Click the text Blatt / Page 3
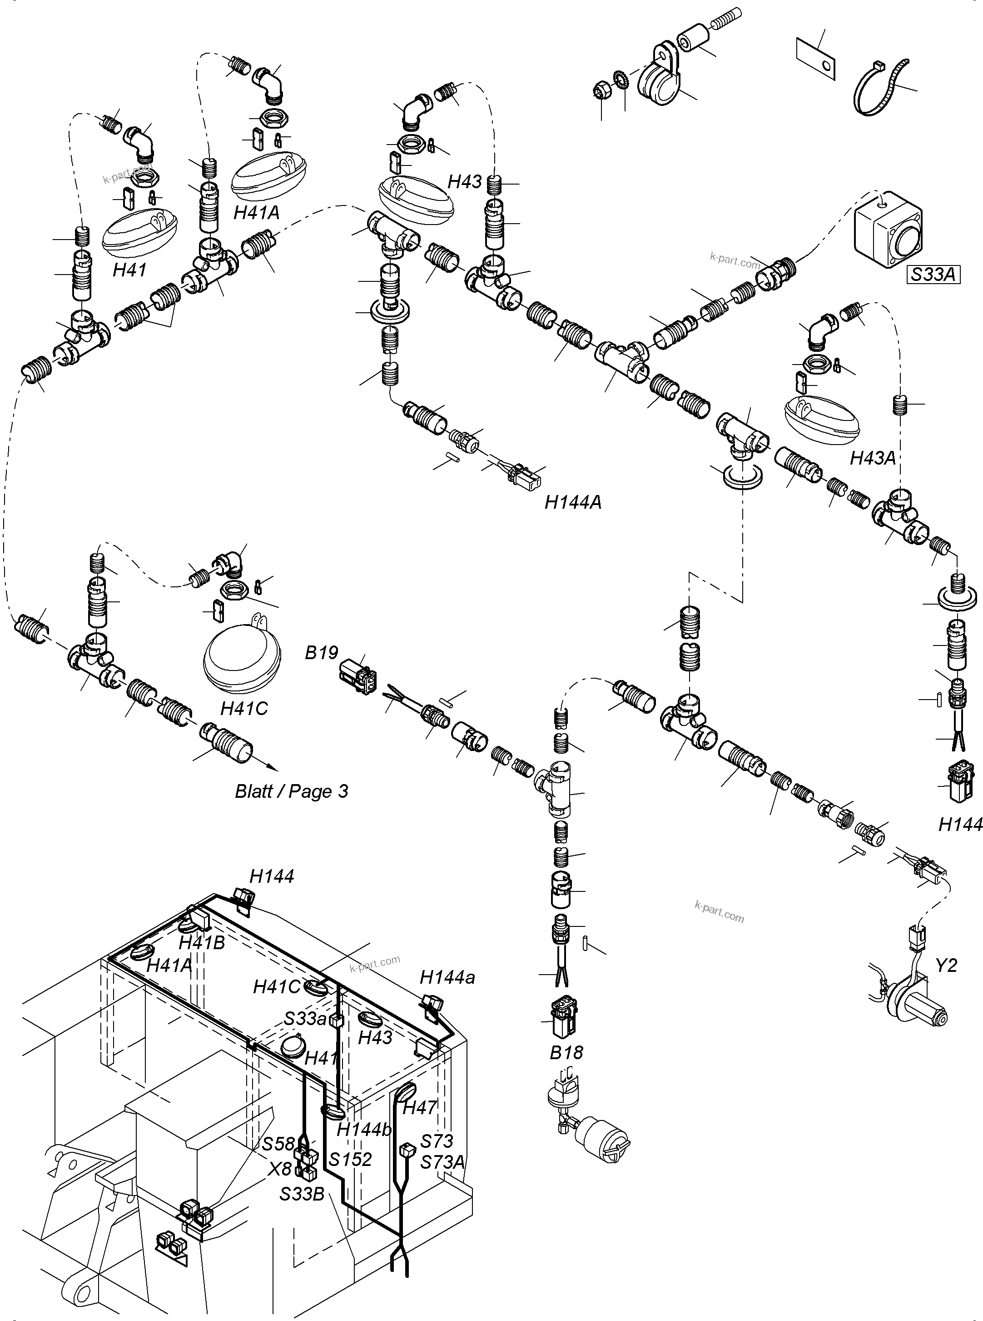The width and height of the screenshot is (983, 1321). click(291, 791)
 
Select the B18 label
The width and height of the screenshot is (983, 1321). click(566, 1052)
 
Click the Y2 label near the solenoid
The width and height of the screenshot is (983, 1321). click(946, 965)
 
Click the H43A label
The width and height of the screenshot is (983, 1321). click(872, 458)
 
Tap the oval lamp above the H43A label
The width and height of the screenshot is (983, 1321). click(822, 417)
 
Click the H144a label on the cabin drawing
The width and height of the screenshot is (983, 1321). click(447, 977)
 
